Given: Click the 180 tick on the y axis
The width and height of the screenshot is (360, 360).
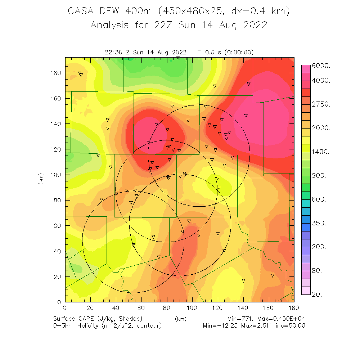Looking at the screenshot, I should pos(57,73).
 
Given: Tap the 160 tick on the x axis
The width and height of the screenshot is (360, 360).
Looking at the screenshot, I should pos(268,308).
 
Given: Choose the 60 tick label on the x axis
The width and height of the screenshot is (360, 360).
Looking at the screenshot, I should pos(141,308).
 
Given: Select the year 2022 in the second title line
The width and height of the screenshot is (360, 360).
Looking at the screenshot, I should pos(254,25).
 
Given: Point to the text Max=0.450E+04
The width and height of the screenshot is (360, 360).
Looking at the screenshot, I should pos(285,319).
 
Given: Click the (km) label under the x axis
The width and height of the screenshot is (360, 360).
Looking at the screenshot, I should pos(180,319).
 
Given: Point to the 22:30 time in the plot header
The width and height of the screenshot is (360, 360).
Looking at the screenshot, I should pos(113,52).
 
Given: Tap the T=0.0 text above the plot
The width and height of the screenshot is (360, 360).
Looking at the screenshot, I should pos(206,52).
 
